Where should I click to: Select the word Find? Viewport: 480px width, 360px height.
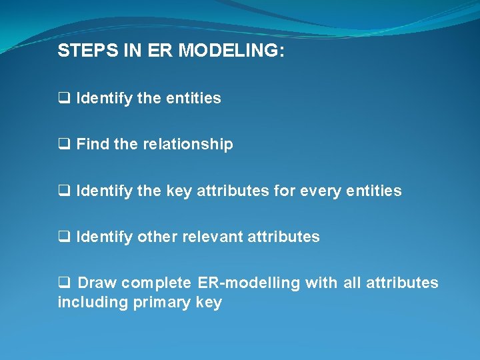click(93, 144)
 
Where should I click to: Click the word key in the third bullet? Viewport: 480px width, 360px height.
click(179, 191)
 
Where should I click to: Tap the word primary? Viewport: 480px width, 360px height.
click(161, 303)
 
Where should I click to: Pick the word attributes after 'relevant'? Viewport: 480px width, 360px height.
click(285, 237)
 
